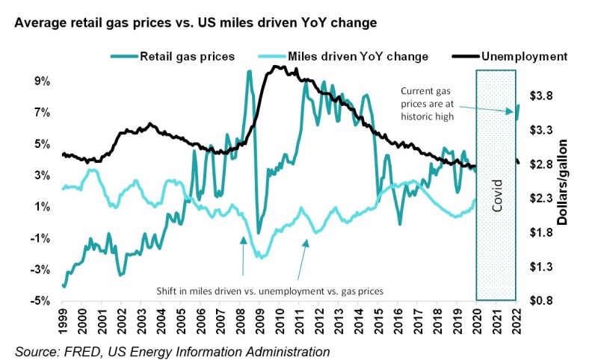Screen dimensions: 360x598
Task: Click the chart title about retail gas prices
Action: (x=194, y=23)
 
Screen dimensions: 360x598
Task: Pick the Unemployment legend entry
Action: (x=523, y=55)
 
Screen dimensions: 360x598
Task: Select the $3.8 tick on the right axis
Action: (x=540, y=96)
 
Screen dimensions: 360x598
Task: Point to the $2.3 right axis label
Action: (x=540, y=199)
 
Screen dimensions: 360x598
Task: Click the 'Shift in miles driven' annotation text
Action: (x=269, y=291)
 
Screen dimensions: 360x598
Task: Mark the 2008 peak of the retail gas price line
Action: (x=249, y=72)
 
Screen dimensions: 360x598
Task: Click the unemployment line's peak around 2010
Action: (x=277, y=66)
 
